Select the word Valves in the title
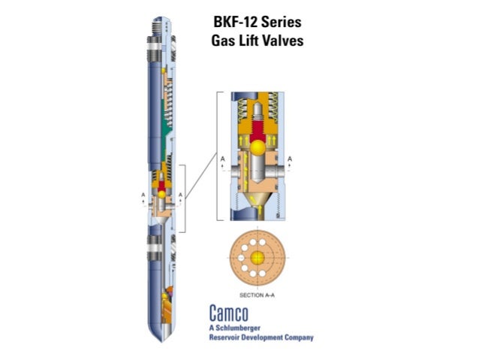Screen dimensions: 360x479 click(x=282, y=41)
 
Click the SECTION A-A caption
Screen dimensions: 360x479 click(x=258, y=294)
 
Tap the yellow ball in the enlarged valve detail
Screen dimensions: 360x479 click(x=258, y=147)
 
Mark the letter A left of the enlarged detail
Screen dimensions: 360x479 click(x=223, y=159)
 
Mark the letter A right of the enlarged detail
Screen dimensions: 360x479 click(x=291, y=159)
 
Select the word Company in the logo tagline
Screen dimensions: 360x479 click(x=296, y=337)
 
